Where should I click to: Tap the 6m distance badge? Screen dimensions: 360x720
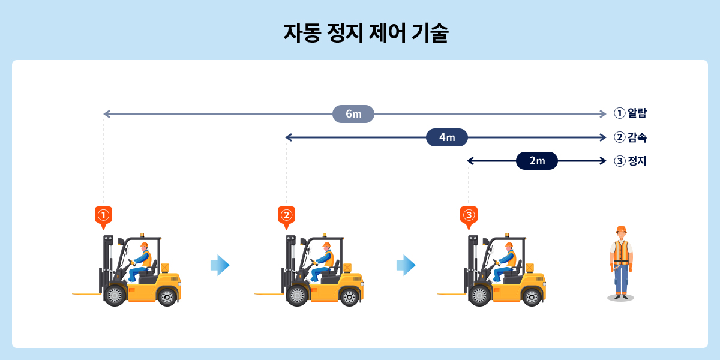point(353,114)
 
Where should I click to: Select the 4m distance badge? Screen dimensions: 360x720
point(446,137)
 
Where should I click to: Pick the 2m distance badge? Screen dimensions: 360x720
point(536,161)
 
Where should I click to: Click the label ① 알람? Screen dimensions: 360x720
point(630,113)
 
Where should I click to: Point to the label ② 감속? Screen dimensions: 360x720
point(630,137)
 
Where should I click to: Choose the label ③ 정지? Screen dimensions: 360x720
point(630,161)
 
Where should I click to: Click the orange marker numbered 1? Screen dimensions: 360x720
point(104,215)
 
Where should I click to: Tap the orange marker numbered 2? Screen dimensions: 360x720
point(286,215)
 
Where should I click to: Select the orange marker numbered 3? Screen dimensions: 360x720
point(469,215)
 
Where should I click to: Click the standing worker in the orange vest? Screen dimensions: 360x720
point(621,264)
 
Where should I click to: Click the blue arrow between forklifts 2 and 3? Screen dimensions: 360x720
point(406,265)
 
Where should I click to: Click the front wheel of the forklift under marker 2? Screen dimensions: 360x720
point(297,296)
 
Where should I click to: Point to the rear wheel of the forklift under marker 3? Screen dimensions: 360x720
point(532,296)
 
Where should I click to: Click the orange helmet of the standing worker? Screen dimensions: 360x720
point(621,229)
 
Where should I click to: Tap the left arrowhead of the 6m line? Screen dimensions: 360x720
point(106,114)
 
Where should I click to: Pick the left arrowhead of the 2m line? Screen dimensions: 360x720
point(470,161)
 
